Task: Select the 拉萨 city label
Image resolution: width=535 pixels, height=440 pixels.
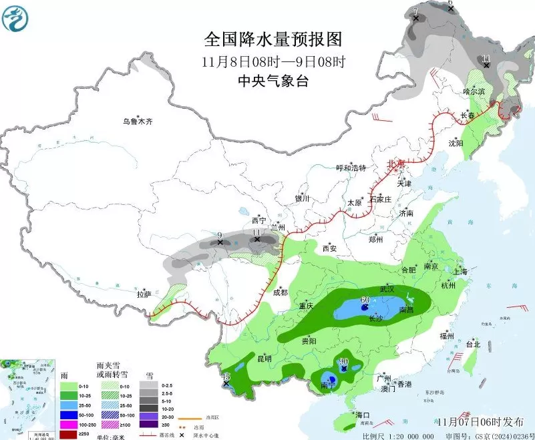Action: pos(144,294)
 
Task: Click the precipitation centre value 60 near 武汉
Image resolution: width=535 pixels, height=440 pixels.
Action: pos(365,300)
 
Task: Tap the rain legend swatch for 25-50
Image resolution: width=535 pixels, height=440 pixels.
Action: pos(69,405)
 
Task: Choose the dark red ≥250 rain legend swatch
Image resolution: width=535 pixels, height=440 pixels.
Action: pos(69,434)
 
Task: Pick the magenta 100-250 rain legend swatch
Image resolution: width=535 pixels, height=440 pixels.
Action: pos(69,424)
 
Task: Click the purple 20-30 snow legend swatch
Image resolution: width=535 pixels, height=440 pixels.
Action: pos(148,415)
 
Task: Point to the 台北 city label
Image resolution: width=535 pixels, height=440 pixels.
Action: pos(473,345)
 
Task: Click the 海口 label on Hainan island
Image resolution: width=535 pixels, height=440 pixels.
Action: pos(363,415)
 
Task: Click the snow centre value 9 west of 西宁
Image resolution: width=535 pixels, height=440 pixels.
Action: pos(220,234)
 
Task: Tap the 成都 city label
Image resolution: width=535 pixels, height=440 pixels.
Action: pos(280,292)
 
